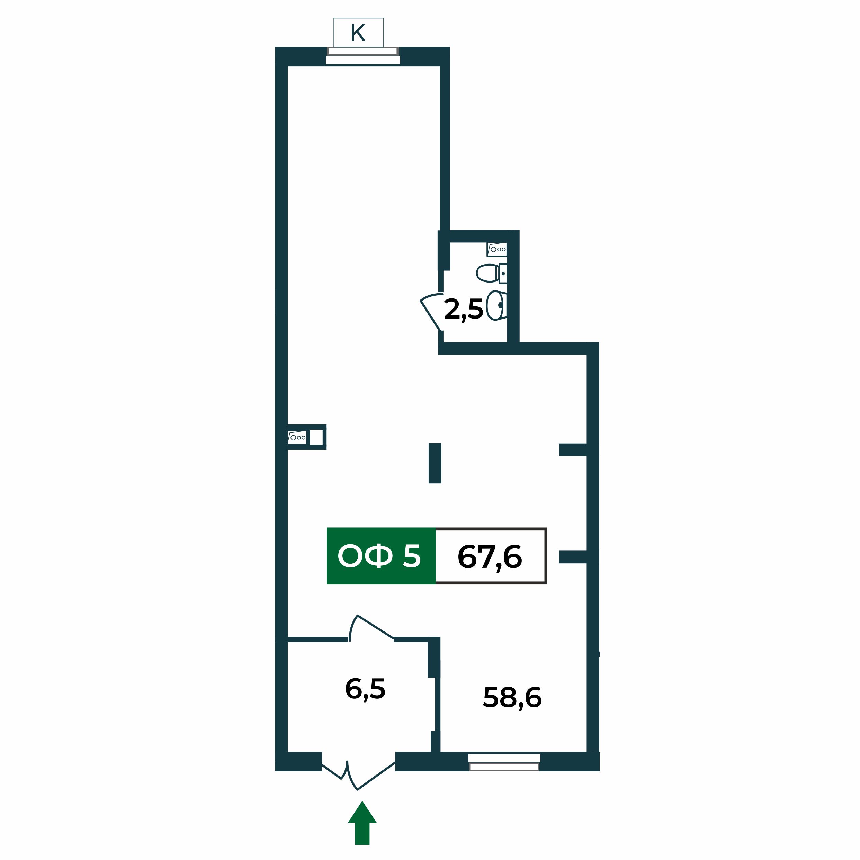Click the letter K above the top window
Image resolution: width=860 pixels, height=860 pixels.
[358, 33]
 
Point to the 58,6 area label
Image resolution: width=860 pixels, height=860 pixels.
[512, 698]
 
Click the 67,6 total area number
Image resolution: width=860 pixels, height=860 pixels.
[490, 557]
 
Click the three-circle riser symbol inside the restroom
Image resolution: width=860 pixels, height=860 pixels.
[497, 249]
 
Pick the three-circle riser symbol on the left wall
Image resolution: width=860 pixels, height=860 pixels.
[297, 438]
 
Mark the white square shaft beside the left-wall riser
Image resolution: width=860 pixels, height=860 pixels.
[316, 437]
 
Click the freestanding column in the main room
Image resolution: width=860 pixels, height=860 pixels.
[435, 463]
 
